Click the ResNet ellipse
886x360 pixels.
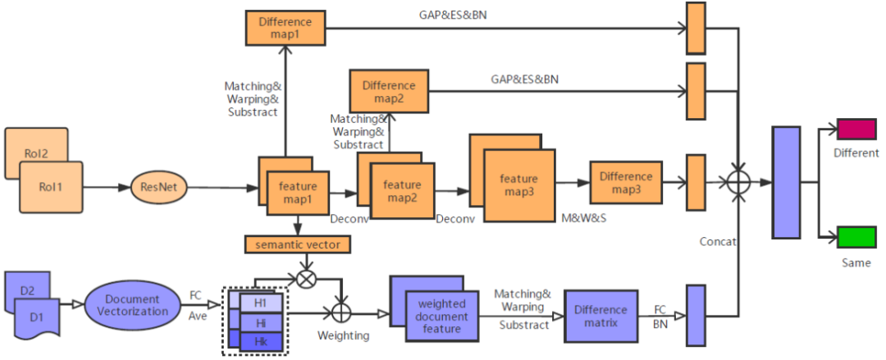159,187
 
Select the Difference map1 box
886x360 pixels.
285,28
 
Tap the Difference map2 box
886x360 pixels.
389,91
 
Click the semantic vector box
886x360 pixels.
298,244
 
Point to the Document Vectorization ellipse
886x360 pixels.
132,305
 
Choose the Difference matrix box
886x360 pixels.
601,316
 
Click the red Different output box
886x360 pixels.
856,130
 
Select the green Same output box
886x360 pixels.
856,238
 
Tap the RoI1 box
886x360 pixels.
50,186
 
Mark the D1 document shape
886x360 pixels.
37,317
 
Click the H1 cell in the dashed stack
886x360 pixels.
261,303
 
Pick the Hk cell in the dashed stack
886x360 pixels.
261,340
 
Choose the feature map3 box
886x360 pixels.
518,185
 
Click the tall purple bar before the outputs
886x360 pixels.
786,182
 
